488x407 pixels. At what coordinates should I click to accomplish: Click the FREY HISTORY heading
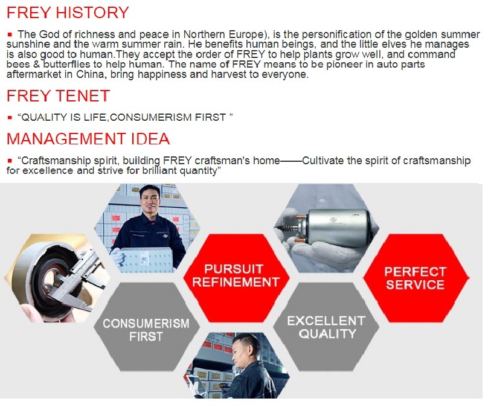[x=68, y=13]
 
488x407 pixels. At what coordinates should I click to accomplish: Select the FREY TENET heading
[x=58, y=96]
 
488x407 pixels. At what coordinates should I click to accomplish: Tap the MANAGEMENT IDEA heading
[x=88, y=139]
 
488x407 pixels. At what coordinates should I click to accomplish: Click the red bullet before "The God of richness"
[x=10, y=34]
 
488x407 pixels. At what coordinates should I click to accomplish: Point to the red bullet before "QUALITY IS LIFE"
[x=10, y=118]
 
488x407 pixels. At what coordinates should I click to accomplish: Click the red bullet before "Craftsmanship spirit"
[x=10, y=161]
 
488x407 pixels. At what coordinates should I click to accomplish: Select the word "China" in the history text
[x=88, y=75]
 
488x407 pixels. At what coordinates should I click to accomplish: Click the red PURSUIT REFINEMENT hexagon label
[x=236, y=276]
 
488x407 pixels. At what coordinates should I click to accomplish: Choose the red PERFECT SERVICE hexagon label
[x=415, y=278]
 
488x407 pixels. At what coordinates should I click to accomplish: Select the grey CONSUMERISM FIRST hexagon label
[x=146, y=330]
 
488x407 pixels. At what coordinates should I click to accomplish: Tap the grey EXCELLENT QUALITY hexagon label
[x=327, y=327]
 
